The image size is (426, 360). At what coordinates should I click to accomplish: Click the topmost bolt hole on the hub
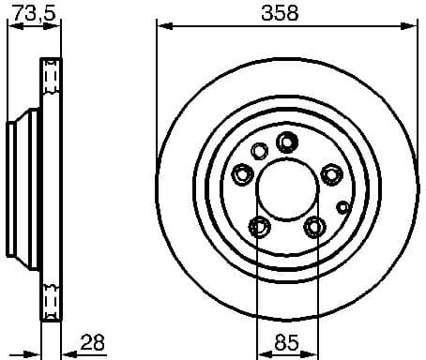tap(287, 142)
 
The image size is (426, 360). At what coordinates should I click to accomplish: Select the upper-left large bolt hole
tap(242, 173)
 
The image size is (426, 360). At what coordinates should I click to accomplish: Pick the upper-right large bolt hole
tap(331, 173)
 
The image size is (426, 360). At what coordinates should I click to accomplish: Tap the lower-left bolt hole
tap(259, 226)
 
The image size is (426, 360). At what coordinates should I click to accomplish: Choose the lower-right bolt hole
tap(314, 226)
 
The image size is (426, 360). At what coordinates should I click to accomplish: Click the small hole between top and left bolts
tap(260, 150)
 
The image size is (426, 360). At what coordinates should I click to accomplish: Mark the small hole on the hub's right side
tap(342, 207)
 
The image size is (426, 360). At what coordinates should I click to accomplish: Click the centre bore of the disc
tap(286, 187)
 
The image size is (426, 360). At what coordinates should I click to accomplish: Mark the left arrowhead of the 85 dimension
tap(259, 354)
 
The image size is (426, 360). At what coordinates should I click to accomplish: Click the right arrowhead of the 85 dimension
tap(313, 354)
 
